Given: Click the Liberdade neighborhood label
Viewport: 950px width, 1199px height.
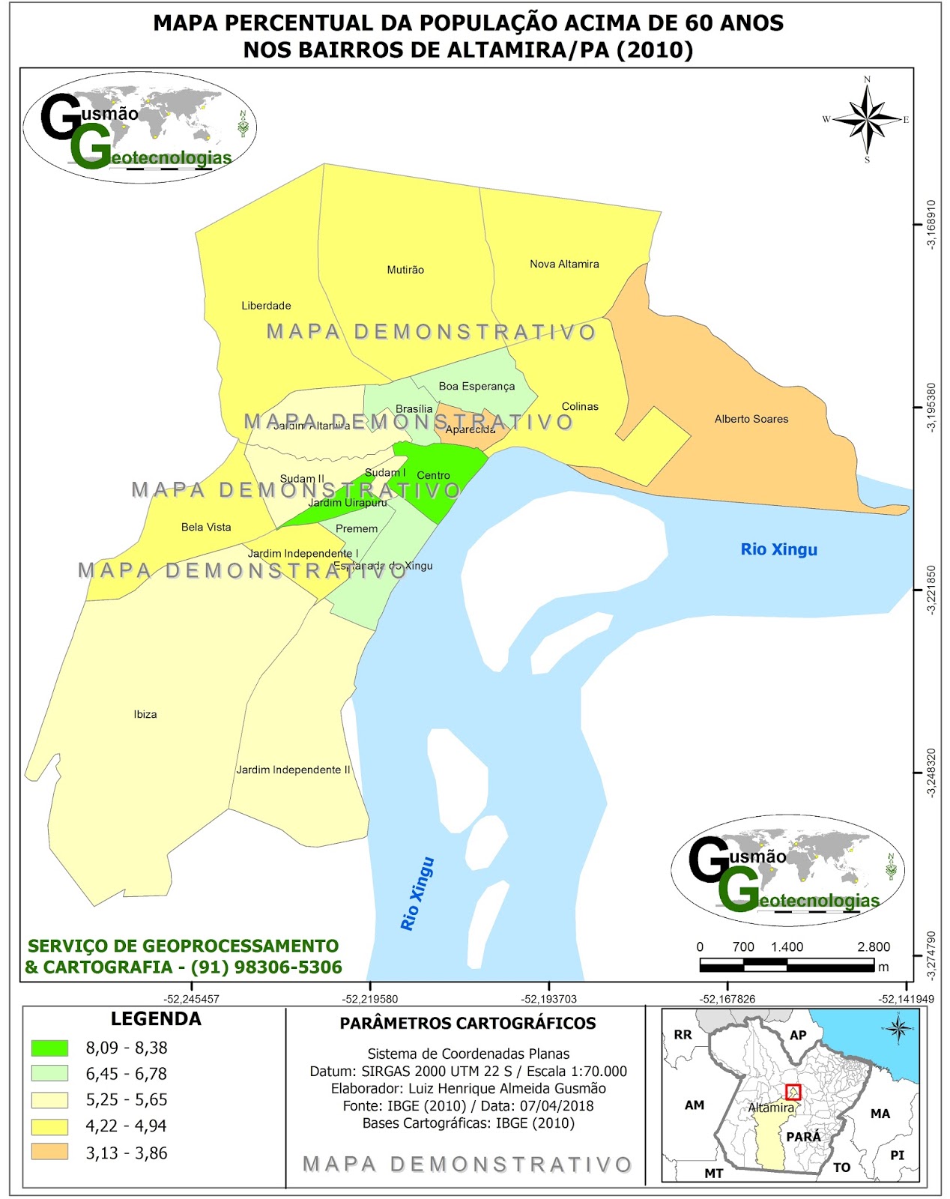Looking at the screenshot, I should (266, 306).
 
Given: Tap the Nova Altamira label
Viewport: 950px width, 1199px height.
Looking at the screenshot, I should (564, 264).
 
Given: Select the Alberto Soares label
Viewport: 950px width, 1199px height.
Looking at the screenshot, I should (751, 419).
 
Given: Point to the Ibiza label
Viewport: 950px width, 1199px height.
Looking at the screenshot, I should (145, 714).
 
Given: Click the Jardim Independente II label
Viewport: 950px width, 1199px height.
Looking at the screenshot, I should (293, 770).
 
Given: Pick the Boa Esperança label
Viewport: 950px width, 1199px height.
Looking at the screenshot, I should (476, 386).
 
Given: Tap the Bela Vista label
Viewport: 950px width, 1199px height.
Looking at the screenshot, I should (206, 527).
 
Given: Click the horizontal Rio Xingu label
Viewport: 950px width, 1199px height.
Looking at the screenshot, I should (778, 549).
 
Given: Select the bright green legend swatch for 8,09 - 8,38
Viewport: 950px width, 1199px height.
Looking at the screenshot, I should (49, 1048).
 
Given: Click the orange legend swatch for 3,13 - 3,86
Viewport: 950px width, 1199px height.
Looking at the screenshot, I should (49, 1152).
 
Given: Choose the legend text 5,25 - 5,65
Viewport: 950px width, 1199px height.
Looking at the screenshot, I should (127, 1099).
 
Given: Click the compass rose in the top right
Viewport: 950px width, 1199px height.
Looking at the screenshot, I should (867, 119).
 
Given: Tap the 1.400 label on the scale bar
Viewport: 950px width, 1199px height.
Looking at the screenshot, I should (787, 946).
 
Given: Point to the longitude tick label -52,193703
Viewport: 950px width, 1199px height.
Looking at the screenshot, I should (549, 999).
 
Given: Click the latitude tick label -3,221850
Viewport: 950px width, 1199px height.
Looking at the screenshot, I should (931, 591).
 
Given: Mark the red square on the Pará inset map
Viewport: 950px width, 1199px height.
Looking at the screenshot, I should (793, 1093).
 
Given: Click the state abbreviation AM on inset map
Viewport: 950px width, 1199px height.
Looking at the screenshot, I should (695, 1105).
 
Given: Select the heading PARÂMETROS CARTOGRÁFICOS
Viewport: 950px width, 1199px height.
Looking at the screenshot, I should (468, 1023).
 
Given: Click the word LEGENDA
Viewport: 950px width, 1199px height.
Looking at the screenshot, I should (156, 1018).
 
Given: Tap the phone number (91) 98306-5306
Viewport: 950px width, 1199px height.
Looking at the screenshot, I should (267, 967).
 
